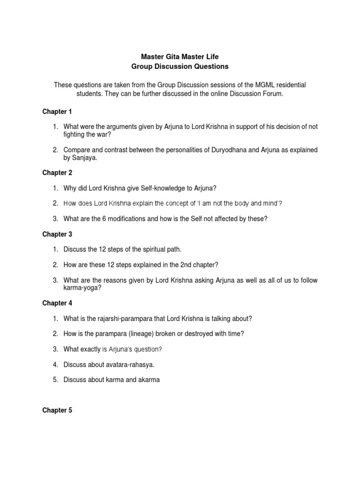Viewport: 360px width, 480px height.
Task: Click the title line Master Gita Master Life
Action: [180, 56]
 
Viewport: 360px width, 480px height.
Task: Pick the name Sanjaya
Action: [83, 158]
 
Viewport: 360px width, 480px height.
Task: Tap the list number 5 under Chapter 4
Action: [55, 380]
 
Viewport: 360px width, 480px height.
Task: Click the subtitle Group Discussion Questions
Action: [180, 67]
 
